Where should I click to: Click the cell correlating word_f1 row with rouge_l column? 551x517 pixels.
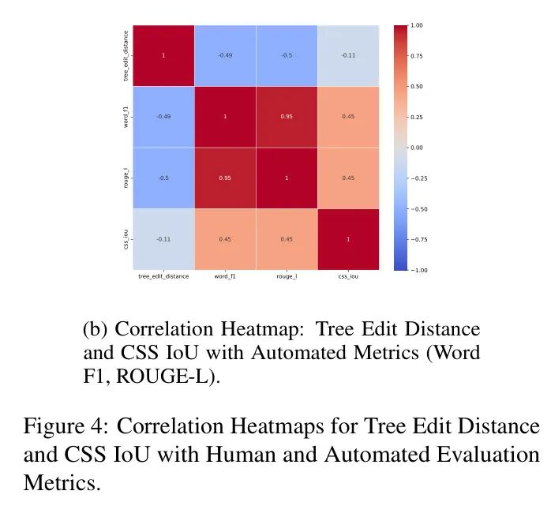pos(286,117)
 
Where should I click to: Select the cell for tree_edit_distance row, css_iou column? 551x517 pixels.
pos(347,56)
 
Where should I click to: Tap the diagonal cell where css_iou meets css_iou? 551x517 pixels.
pos(347,238)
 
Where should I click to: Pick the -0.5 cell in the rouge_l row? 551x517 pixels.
pos(163,178)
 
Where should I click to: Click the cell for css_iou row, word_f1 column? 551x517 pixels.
pos(224,238)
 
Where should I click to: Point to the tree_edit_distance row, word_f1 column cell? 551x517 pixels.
pos(224,56)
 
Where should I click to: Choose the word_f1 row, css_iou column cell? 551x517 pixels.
pos(347,117)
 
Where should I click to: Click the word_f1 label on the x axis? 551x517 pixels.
pos(224,277)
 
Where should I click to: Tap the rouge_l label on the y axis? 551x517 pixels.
pos(126,178)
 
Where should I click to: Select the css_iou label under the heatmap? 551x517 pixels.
pos(347,277)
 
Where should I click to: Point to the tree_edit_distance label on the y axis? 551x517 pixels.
pos(126,56)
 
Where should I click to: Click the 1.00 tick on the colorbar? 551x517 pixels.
pos(417,25)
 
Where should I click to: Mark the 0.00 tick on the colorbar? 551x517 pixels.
pos(417,148)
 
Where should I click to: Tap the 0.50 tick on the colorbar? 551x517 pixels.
pos(417,87)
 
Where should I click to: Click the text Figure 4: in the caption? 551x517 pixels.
pos(66,428)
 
